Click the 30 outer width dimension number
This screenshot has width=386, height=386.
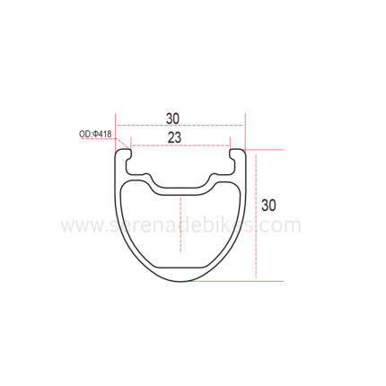pos(173,118)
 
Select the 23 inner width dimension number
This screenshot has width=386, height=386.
pos(174,137)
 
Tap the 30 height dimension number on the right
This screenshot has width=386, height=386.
pos(268,206)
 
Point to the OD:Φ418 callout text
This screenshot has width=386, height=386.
pos(95,134)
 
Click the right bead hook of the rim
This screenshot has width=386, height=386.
pos(235,154)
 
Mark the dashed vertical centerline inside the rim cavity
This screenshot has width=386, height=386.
pos(180,225)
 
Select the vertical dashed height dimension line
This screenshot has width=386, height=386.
pos(256,215)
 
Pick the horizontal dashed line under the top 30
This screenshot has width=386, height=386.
pos(180,125)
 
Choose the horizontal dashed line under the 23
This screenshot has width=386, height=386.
pos(180,145)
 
